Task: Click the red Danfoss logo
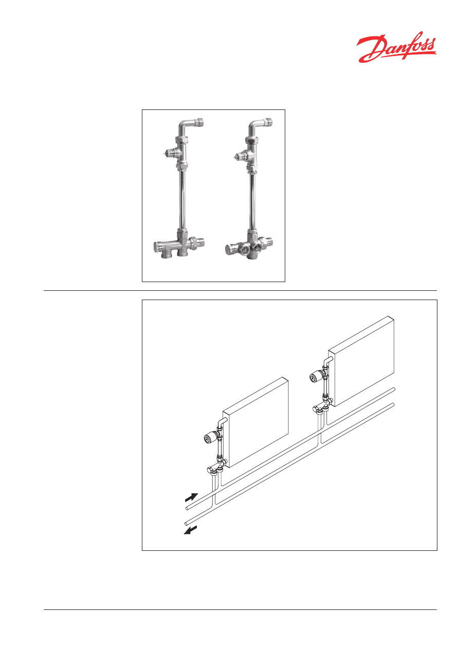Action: click(396, 47)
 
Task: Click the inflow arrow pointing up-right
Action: click(192, 497)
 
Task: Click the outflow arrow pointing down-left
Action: click(190, 530)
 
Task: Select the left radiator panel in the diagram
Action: click(255, 422)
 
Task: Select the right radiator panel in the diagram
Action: click(361, 361)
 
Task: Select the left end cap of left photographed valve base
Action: click(158, 246)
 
